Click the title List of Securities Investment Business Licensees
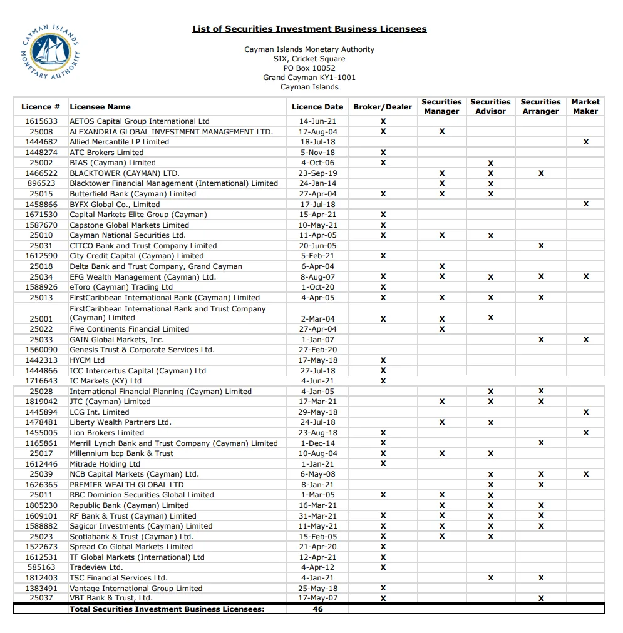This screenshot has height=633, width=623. click(x=309, y=29)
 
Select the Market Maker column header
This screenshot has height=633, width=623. click(x=585, y=106)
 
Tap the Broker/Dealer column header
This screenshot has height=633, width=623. click(x=383, y=107)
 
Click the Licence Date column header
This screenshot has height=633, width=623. click(x=317, y=107)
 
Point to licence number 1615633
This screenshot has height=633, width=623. click(x=41, y=121)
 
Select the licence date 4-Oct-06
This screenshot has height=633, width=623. click(x=317, y=163)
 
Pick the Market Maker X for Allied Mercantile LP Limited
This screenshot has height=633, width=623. click(x=585, y=142)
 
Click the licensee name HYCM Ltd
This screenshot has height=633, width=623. click(x=87, y=360)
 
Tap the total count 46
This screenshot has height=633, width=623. click(x=317, y=609)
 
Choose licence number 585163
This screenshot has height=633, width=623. click(x=41, y=567)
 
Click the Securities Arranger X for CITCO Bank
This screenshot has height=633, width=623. click(x=540, y=246)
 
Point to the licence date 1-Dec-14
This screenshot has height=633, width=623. click(x=317, y=443)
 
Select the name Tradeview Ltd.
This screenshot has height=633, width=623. click(x=96, y=567)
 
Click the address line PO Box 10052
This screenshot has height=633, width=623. click(x=309, y=68)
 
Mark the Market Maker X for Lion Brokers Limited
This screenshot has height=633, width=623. click(x=585, y=433)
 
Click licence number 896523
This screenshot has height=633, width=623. click(x=41, y=183)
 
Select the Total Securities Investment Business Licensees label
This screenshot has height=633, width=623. click(x=167, y=609)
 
